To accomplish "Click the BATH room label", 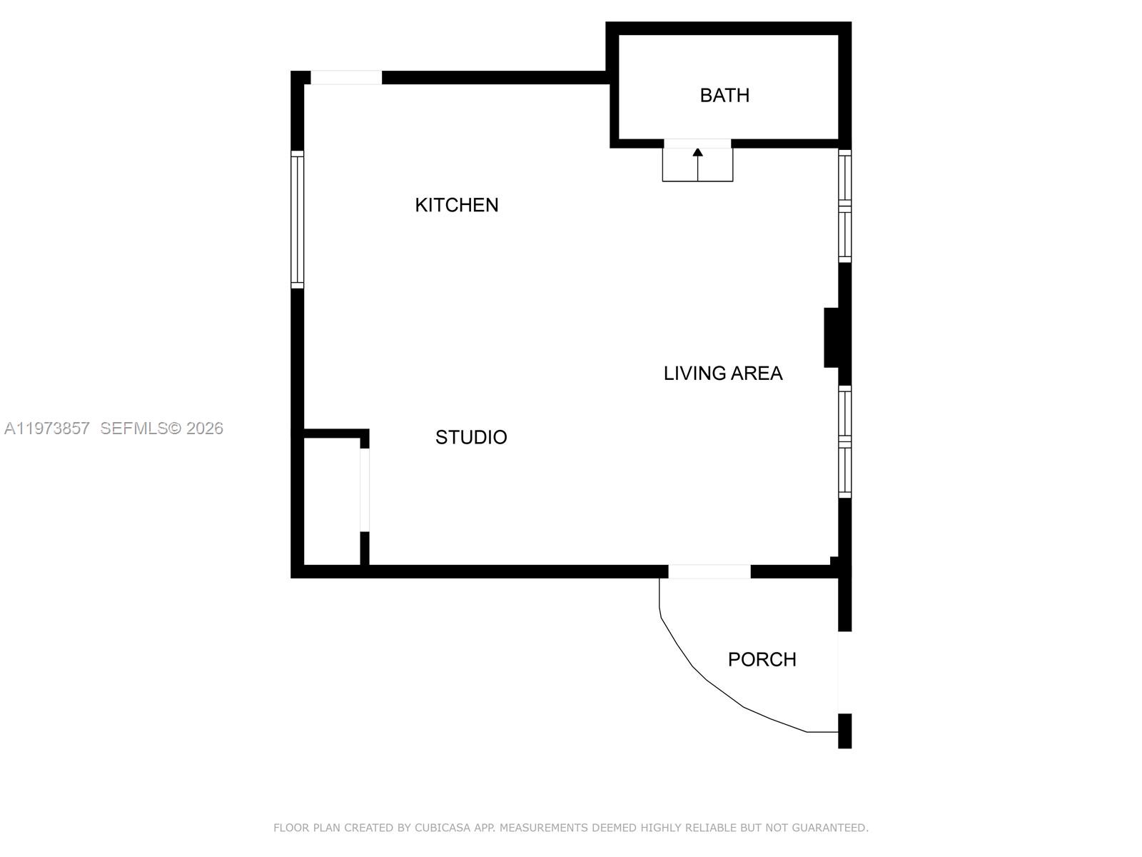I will (x=724, y=95).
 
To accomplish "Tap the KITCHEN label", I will (x=457, y=205).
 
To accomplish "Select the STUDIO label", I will (x=471, y=437).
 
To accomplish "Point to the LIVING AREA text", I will (x=723, y=373).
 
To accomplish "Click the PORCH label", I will (x=762, y=659).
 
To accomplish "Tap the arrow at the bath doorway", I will (x=698, y=153).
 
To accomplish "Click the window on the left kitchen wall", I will (x=298, y=220).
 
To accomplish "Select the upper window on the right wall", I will (x=844, y=206).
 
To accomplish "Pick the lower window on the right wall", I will (x=844, y=441).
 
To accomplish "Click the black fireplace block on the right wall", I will (x=832, y=337).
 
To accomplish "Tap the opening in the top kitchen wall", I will (x=346, y=78).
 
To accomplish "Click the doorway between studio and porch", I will (x=709, y=571).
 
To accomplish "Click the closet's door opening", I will (x=365, y=490).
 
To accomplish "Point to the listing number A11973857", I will (x=47, y=428).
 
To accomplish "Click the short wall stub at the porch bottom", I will (x=844, y=731).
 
